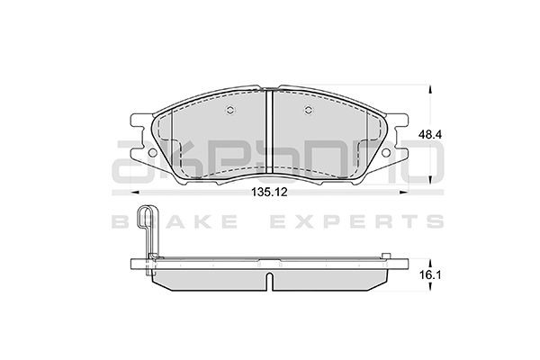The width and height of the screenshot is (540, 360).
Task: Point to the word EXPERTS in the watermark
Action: [x=360, y=220]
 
